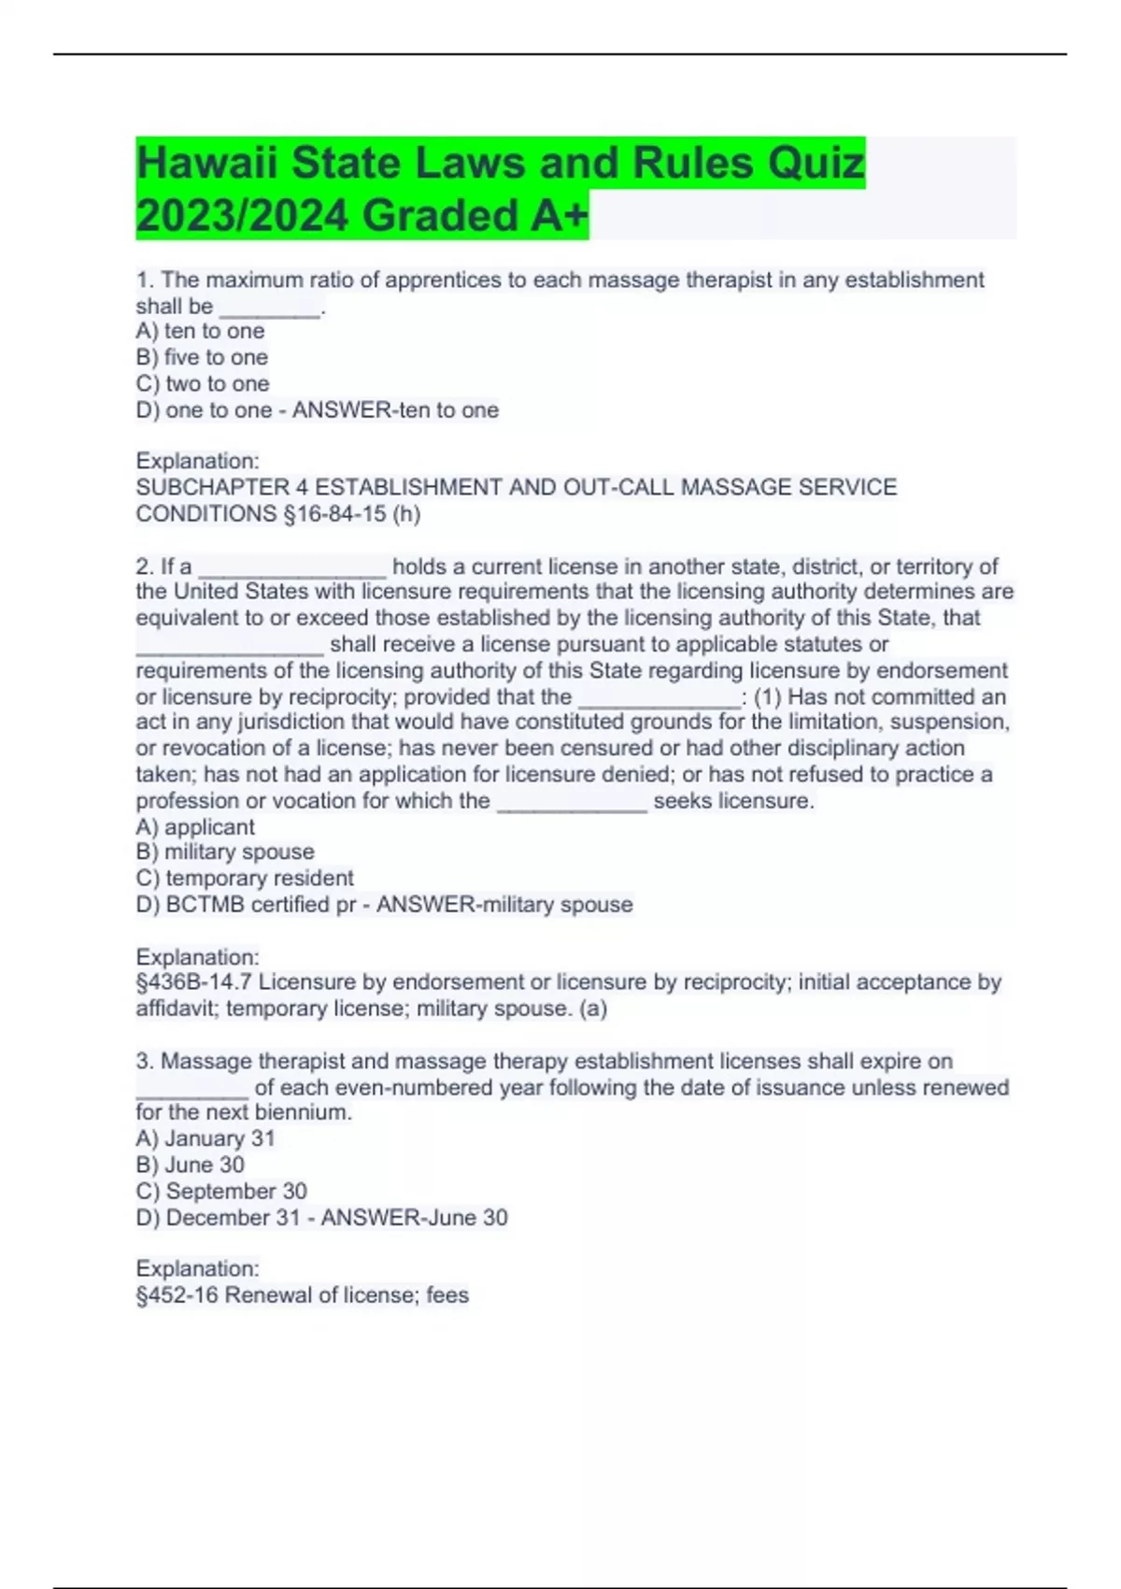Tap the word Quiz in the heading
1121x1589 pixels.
click(x=816, y=164)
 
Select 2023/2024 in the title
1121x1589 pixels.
click(x=243, y=216)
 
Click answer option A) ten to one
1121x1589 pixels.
click(x=200, y=331)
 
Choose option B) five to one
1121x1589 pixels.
click(x=202, y=357)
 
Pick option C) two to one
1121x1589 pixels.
click(x=203, y=383)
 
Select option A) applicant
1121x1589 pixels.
click(x=195, y=826)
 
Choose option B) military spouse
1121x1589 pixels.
click(x=225, y=852)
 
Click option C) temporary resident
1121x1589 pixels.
click(x=245, y=878)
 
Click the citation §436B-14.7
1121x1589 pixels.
click(x=193, y=981)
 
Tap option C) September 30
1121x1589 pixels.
click(x=221, y=1191)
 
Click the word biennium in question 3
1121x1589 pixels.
click(x=309, y=1112)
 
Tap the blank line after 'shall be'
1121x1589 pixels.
click(x=269, y=308)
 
